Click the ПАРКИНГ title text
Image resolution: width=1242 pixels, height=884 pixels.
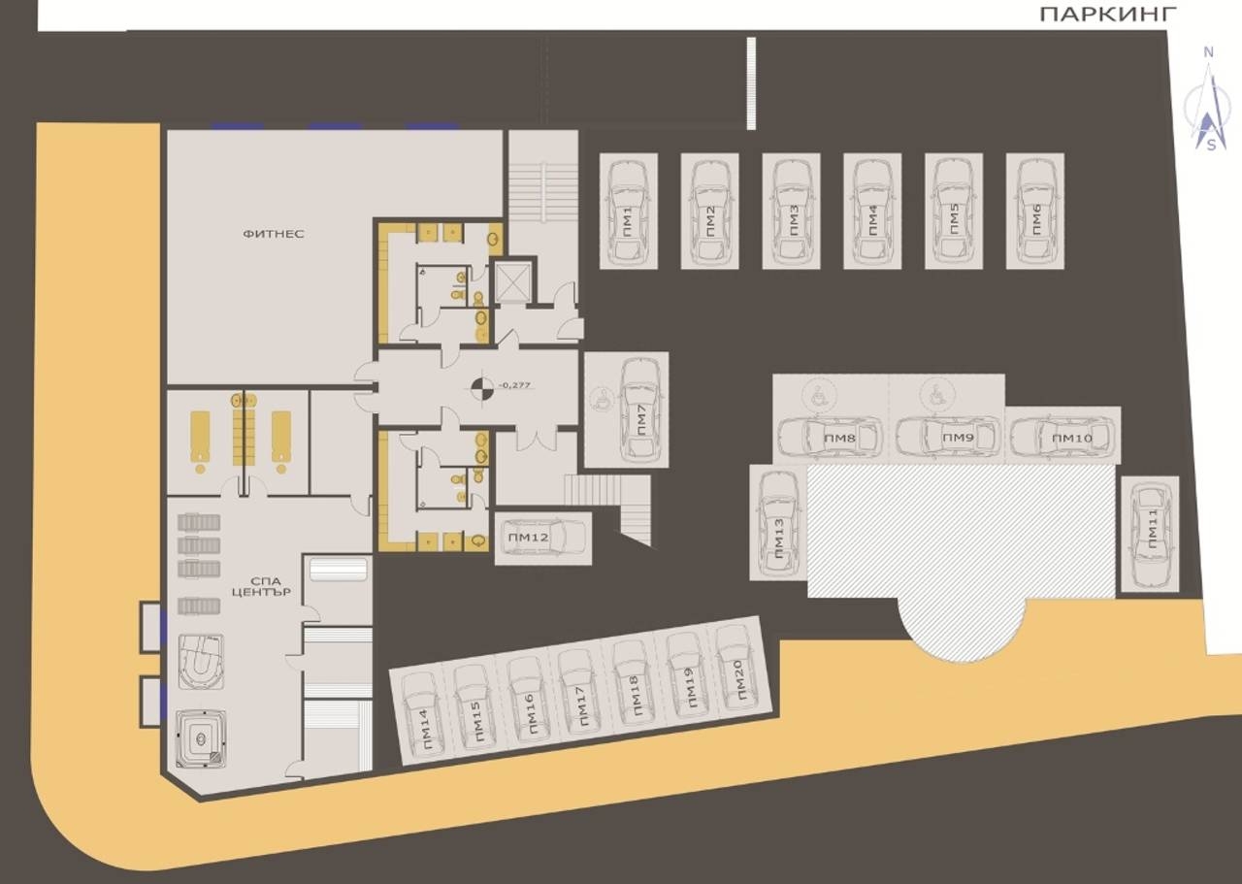pyautogui.click(x=1107, y=15)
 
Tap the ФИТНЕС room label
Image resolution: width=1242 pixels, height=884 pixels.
pyautogui.click(x=274, y=234)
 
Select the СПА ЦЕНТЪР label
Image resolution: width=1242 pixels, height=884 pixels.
pyautogui.click(x=262, y=586)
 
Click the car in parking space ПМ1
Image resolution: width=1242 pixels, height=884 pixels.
pyautogui.click(x=628, y=213)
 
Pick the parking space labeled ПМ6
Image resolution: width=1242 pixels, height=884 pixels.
pyautogui.click(x=1034, y=212)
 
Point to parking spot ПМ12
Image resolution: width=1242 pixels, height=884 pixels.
pyautogui.click(x=542, y=538)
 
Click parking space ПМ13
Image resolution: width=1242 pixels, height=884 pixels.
pyautogui.click(x=778, y=523)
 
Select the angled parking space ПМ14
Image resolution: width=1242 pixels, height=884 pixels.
pyautogui.click(x=424, y=715)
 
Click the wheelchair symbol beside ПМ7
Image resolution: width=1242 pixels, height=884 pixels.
pyautogui.click(x=600, y=399)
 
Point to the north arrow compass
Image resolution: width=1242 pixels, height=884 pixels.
pyautogui.click(x=1206, y=100)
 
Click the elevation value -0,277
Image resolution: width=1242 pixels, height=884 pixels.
pyautogui.click(x=514, y=385)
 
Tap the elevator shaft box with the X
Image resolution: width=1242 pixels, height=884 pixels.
pyautogui.click(x=513, y=282)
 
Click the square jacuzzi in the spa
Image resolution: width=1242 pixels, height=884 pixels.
pyautogui.click(x=201, y=738)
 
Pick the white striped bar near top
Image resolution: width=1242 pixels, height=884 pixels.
pyautogui.click(x=751, y=83)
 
